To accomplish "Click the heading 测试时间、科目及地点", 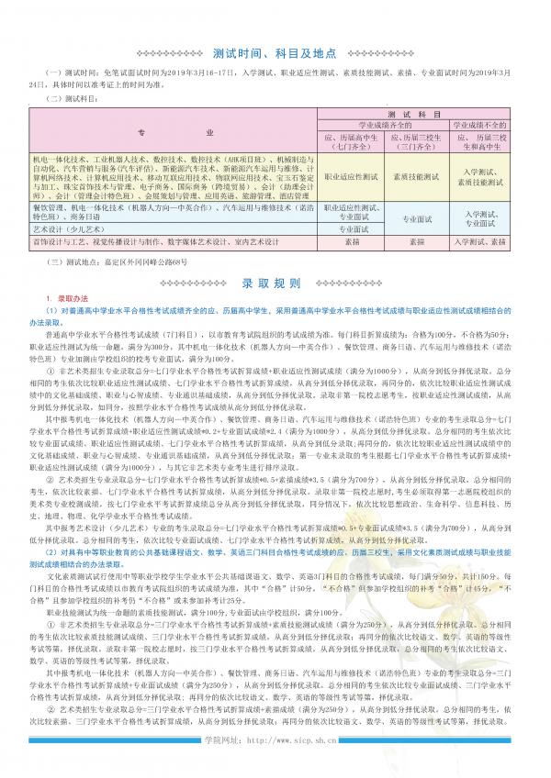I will tap(275, 53).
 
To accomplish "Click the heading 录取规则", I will tap(275, 283).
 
